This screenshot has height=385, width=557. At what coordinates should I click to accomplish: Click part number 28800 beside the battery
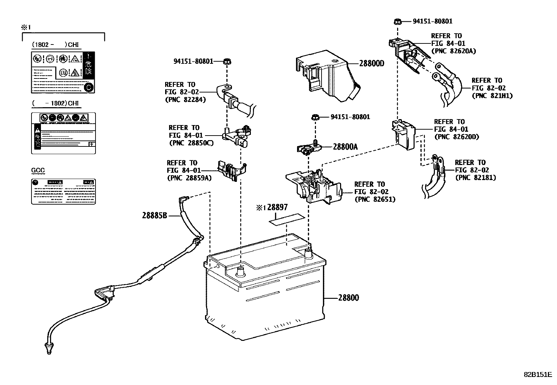point(348,298)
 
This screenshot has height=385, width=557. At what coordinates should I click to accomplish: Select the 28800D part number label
point(372,63)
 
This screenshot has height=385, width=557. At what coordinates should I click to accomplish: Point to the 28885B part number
point(154,215)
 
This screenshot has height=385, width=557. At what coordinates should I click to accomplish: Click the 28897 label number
point(277,207)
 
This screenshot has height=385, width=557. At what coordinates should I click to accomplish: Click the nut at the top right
point(397,21)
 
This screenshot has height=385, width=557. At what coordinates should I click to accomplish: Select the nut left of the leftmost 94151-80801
point(227,62)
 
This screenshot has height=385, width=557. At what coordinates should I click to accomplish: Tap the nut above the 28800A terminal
point(314,117)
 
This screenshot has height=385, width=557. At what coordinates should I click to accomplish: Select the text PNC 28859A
point(189,178)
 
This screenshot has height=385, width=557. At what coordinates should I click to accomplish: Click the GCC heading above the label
point(38,171)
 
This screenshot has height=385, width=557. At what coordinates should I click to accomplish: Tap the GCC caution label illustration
point(63,192)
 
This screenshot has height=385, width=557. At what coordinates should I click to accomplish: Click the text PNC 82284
point(185,99)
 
